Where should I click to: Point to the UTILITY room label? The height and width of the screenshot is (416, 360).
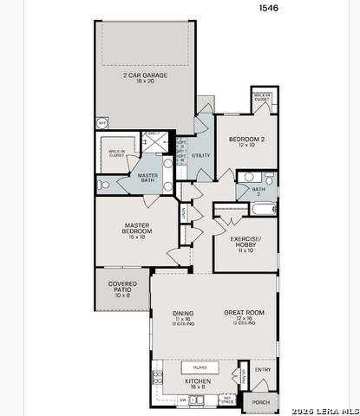coord(200,156)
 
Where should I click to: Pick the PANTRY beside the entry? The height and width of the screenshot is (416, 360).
coord(244,374)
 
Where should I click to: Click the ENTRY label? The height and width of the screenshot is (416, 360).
coord(263,370)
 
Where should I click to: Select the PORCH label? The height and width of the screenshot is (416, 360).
coord(260,402)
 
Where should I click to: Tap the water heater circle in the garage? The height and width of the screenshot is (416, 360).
coord(102,124)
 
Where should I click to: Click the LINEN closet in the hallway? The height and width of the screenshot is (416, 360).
coord(184,211)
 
